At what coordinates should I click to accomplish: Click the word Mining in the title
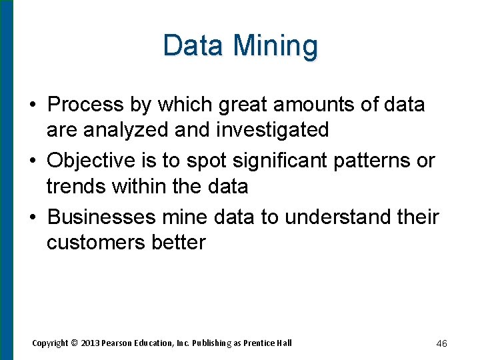click(276, 46)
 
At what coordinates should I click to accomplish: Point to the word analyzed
click(127, 129)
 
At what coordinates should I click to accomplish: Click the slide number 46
click(441, 343)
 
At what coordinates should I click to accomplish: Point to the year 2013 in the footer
click(91, 343)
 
